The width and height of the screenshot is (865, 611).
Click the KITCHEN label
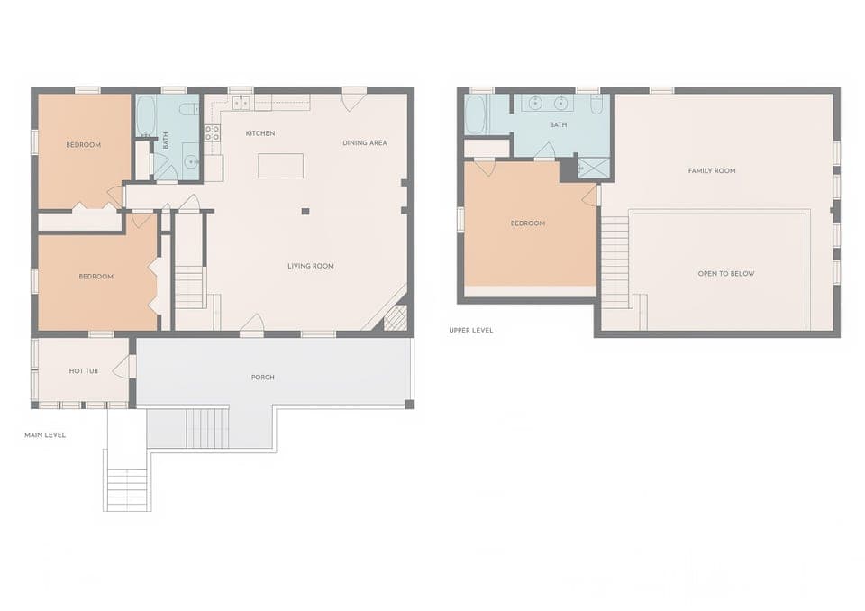[260, 133]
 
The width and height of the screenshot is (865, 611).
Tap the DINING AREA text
[365, 142]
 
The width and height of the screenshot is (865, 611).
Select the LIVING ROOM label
[311, 266]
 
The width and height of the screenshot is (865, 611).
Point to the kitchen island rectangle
[280, 166]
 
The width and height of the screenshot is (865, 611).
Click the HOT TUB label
[83, 370]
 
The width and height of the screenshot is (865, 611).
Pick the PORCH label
[263, 377]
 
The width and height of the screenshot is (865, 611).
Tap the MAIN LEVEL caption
[45, 435]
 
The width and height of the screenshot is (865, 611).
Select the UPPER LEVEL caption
[471, 331]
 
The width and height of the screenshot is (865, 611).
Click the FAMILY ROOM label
[712, 170]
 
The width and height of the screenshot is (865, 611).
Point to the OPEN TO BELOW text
[726, 273]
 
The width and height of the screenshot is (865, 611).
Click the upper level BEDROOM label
[528, 223]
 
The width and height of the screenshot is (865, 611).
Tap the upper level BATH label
[559, 125]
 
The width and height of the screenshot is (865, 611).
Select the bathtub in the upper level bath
[475, 114]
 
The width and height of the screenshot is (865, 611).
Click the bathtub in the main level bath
[146, 115]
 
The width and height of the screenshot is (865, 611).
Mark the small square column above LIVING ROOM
[305, 211]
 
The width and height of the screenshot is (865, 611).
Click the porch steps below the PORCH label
[206, 428]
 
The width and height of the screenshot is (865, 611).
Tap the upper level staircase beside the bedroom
[615, 261]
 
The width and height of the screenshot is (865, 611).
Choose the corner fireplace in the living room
[396, 317]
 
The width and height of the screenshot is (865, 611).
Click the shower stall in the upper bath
[593, 168]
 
